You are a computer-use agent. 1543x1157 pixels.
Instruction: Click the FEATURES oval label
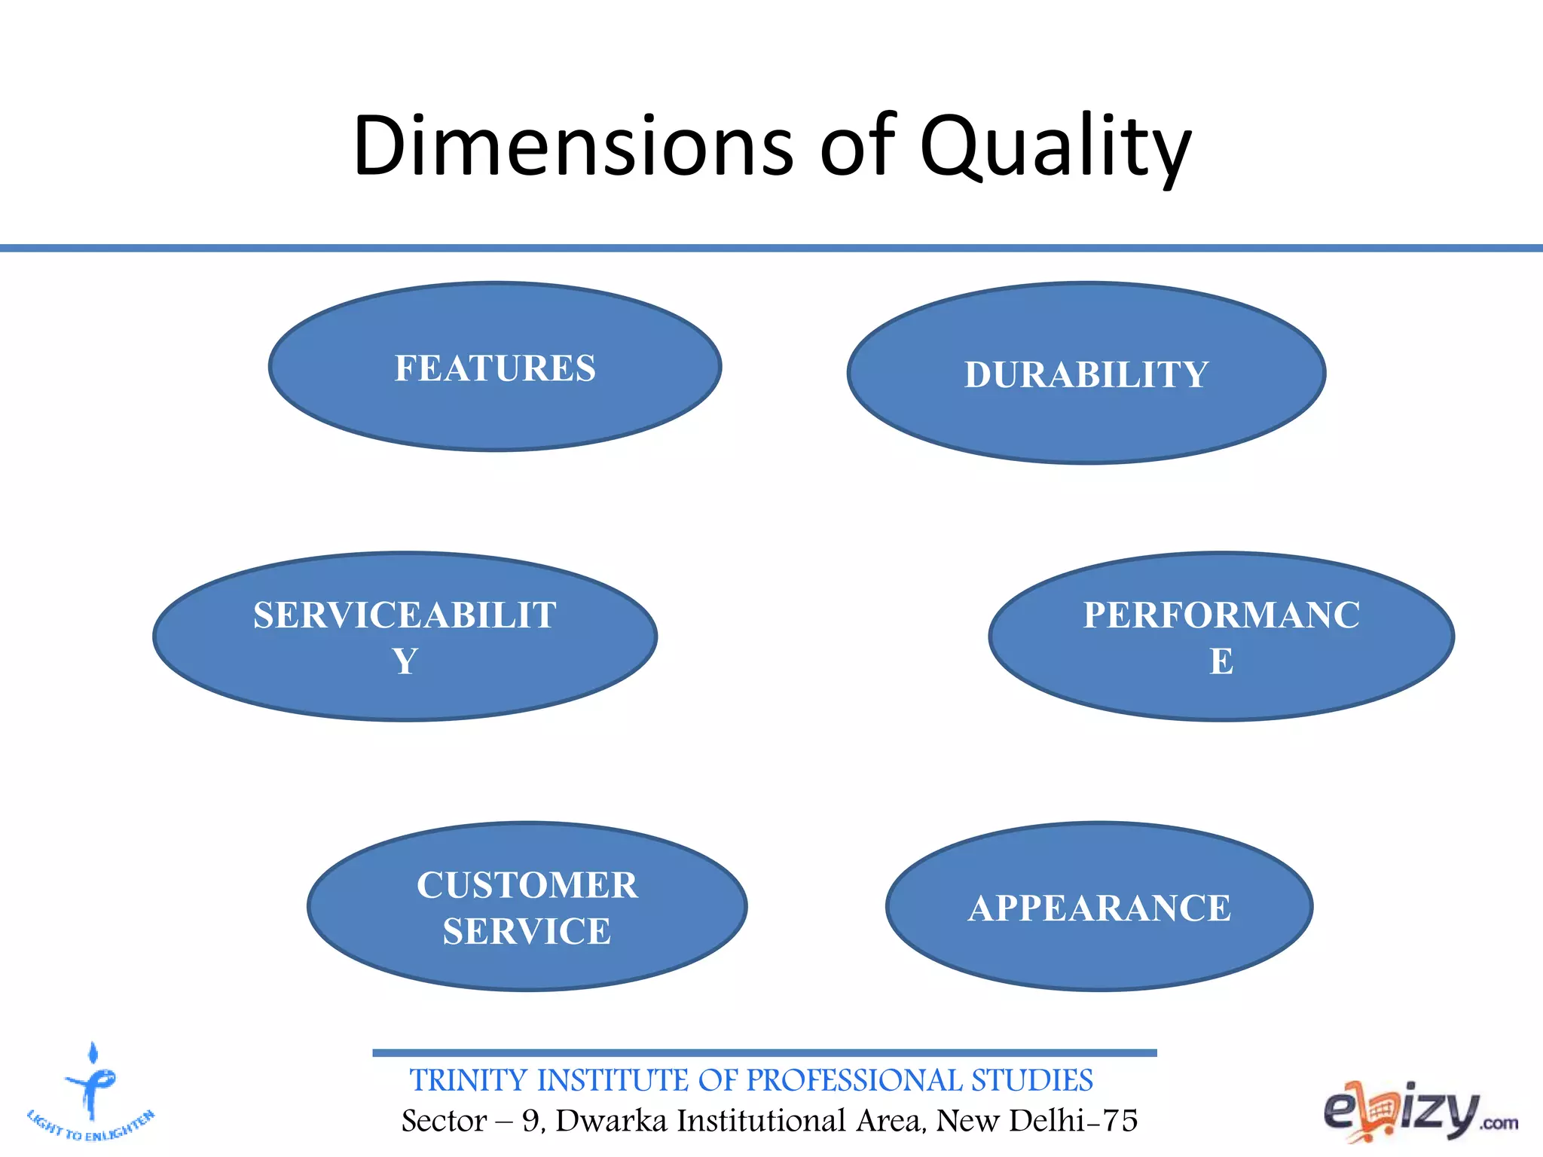pos(495,368)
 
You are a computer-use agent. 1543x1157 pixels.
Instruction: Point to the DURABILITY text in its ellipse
pos(1086,375)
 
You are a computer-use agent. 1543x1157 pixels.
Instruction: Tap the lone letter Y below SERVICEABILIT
pos(405,661)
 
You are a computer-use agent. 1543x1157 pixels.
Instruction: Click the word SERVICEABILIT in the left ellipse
pos(405,615)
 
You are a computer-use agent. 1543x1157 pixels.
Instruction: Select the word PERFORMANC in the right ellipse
pos(1221,615)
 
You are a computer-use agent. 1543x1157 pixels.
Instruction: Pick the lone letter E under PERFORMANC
pos(1221,661)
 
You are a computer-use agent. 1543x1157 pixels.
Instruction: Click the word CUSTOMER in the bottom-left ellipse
pos(527,885)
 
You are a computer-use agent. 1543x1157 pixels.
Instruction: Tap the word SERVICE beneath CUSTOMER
pos(527,932)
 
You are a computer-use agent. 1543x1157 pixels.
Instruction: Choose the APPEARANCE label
pos(1099,908)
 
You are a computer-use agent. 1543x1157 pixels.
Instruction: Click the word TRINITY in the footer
pos(468,1080)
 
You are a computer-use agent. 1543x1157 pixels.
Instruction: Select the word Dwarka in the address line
pos(611,1121)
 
